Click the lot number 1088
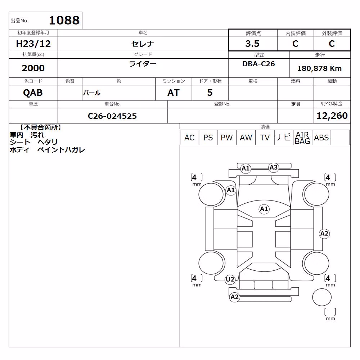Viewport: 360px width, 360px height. pos(64,20)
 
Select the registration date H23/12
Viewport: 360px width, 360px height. pos(33,44)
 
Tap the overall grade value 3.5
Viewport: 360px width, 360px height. pos(252,44)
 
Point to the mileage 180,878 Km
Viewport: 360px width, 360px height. pos(319,68)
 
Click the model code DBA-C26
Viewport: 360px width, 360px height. pos(258,64)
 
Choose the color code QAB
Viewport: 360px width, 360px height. pos(33,93)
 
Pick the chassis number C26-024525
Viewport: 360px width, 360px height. pos(112,116)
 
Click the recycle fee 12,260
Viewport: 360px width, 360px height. pos(332,116)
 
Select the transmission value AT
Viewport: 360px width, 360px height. pos(174,93)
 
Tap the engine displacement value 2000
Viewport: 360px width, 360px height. pos(33,68)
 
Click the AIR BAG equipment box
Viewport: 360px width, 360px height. pos(302,138)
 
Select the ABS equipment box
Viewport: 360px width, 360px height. pos(321,138)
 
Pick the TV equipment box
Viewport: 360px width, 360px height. pos(265,138)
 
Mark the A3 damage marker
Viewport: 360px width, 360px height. pos(274,167)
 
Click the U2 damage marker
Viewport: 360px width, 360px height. pos(230,279)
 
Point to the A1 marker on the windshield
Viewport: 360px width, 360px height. pos(264,209)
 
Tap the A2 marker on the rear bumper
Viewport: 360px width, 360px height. pos(234,297)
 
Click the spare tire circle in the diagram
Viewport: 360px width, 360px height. pos(322,297)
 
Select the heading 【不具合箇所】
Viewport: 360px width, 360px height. pos(40,128)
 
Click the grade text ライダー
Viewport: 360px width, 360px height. pos(143,64)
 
